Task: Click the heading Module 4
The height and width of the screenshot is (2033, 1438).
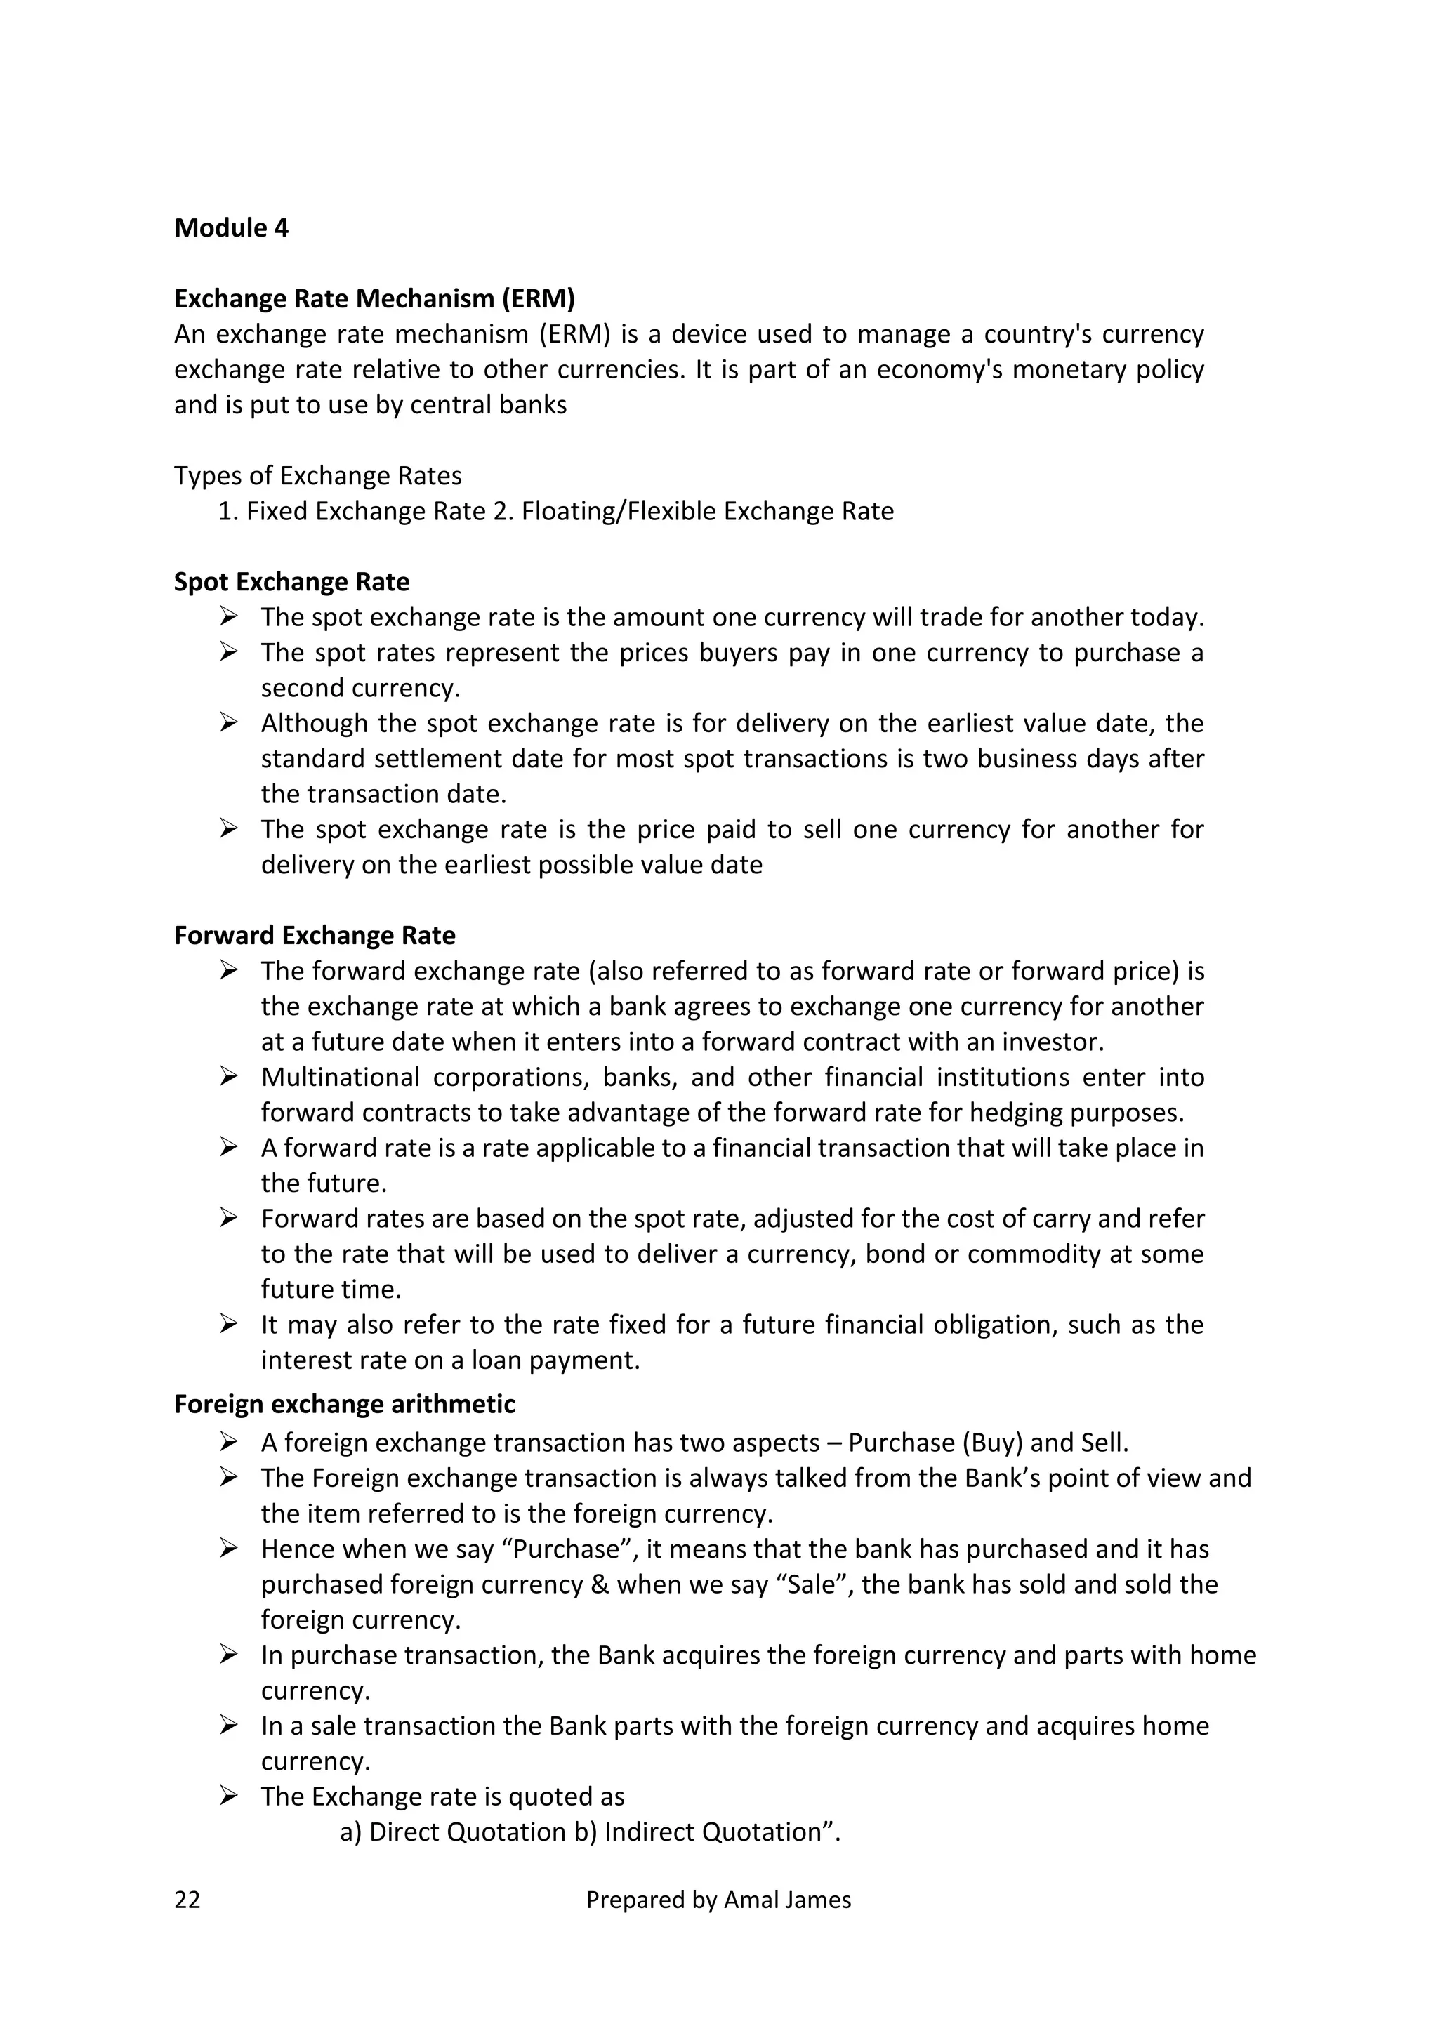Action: point(231,228)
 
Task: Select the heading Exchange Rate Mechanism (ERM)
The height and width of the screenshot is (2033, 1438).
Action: point(374,299)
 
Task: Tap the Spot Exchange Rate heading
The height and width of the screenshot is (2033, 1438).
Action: point(291,583)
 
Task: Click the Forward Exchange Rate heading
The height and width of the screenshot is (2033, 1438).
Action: point(315,936)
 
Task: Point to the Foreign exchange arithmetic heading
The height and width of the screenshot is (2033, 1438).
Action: point(345,1404)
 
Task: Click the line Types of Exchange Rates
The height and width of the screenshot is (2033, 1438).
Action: point(318,477)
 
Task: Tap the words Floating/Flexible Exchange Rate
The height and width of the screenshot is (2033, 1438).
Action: point(708,512)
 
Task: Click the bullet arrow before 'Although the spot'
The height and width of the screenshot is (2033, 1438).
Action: point(228,724)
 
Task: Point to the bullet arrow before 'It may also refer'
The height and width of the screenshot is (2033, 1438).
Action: point(228,1325)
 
